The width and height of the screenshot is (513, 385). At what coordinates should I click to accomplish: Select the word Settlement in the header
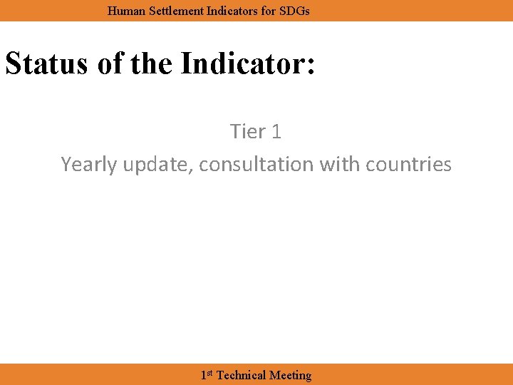172,11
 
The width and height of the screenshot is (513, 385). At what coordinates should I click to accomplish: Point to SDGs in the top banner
296,11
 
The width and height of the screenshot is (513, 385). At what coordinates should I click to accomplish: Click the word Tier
247,131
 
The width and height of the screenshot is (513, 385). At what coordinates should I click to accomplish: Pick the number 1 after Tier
276,131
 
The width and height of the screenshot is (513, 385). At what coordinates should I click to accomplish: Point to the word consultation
256,164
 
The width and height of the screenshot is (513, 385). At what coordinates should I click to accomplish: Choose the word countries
408,164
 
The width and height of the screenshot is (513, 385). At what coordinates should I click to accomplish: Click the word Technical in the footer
241,375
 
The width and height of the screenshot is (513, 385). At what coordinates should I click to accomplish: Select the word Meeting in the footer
290,375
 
